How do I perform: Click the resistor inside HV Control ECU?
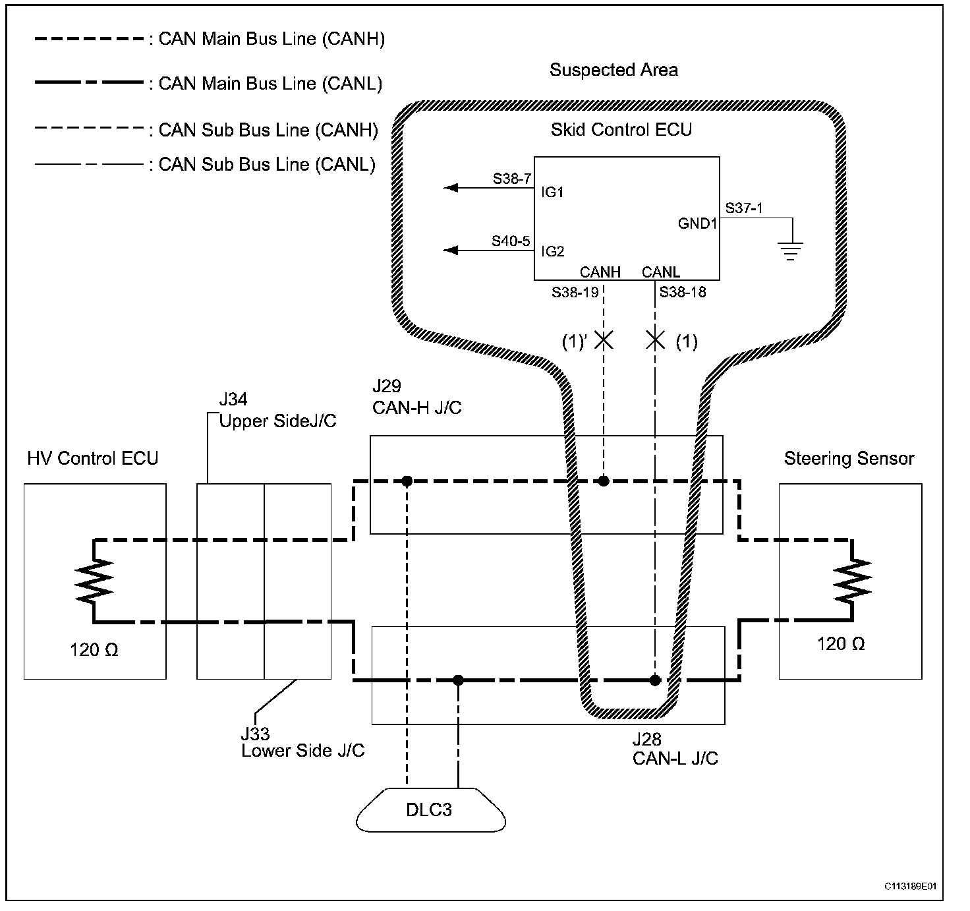point(94,580)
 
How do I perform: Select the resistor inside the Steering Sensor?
point(852,580)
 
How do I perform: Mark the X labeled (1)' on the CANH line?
point(604,340)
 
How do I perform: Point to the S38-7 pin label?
point(511,179)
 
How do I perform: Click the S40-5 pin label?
point(511,241)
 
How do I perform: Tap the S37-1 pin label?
point(743,208)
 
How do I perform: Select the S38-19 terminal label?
point(575,292)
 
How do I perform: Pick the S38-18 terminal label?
point(682,292)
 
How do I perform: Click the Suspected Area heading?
point(613,70)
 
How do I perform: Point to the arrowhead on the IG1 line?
point(450,188)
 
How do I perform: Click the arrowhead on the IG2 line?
point(450,250)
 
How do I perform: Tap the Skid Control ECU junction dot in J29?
point(604,481)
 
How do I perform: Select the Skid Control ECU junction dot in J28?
point(655,680)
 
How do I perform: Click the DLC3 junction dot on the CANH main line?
point(407,481)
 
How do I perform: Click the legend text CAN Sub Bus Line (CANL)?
point(267,165)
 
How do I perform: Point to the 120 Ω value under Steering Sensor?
point(841,643)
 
